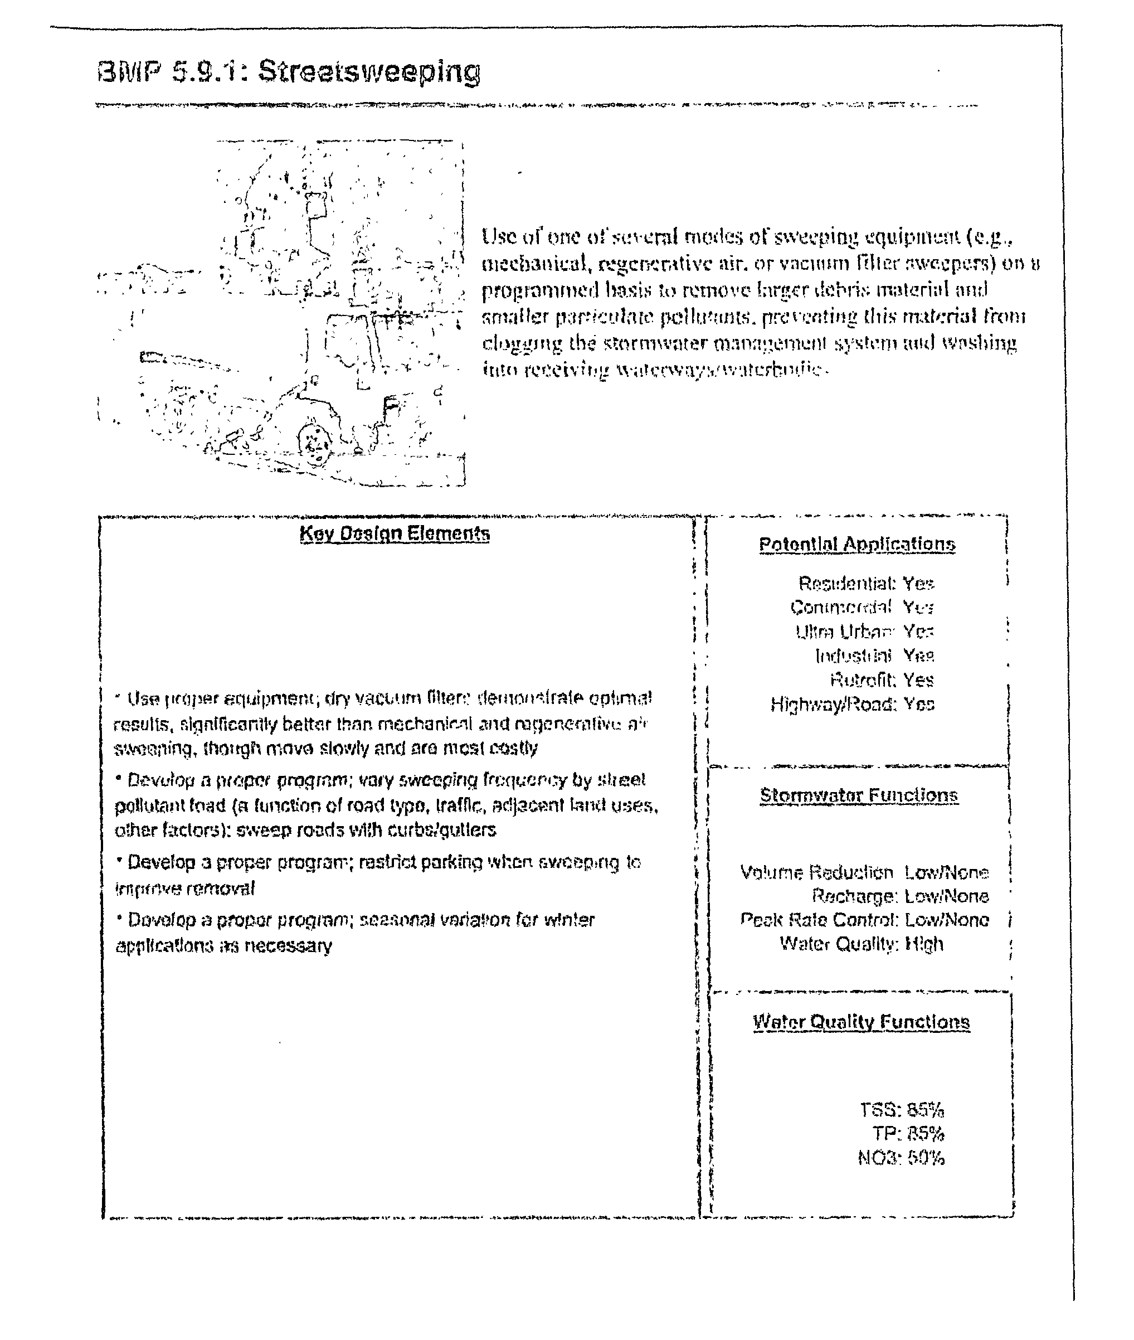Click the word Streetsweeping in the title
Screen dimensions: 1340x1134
click(x=369, y=72)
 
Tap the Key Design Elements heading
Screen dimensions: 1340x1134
click(x=394, y=533)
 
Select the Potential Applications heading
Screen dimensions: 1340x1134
click(x=857, y=544)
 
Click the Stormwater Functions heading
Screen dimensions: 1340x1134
click(x=859, y=795)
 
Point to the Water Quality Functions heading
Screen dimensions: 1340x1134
click(x=862, y=1022)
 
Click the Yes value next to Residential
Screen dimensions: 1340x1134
click(x=918, y=583)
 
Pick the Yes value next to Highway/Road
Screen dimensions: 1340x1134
click(x=919, y=704)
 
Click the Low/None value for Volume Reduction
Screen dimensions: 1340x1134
click(x=946, y=872)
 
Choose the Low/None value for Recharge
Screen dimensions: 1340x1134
click(x=946, y=896)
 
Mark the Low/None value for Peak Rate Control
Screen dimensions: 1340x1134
click(x=946, y=920)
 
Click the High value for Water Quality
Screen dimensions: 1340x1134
click(x=924, y=944)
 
